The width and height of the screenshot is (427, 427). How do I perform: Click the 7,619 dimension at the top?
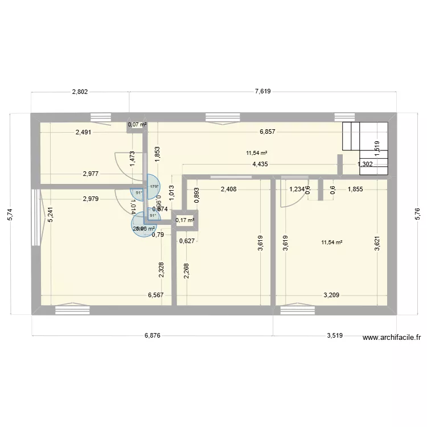(262, 91)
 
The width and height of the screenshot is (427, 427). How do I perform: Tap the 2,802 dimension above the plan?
(80, 91)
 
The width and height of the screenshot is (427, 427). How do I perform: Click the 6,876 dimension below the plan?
(152, 335)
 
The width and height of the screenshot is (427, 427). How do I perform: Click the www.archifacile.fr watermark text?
(392, 337)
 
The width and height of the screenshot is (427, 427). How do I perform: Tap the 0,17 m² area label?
(184, 220)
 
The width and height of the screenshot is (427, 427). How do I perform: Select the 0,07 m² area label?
(137, 124)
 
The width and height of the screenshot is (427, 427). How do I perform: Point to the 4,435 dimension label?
(262, 165)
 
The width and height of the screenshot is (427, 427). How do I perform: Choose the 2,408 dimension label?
(228, 190)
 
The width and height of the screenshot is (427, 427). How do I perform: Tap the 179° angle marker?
(153, 186)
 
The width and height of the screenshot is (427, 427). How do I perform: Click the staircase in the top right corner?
(365, 147)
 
